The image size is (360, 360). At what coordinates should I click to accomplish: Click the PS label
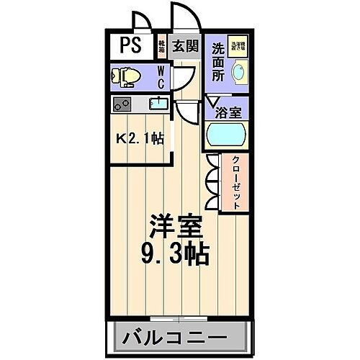(131, 47)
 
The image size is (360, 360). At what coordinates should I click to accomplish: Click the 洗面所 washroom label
(217, 60)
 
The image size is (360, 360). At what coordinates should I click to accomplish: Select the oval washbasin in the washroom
(238, 71)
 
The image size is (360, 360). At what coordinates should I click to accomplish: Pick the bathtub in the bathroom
(226, 135)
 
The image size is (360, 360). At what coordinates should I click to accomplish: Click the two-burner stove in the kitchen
(122, 104)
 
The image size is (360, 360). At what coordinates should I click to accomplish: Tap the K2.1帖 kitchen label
(140, 138)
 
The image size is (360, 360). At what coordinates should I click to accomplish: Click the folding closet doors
(212, 183)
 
